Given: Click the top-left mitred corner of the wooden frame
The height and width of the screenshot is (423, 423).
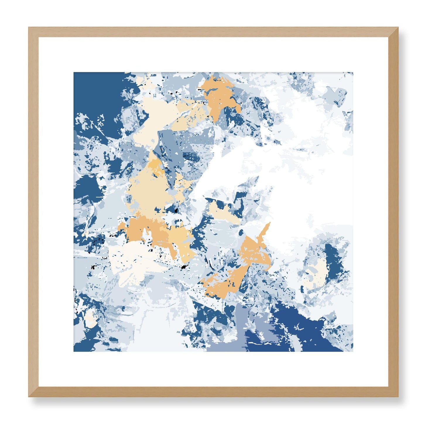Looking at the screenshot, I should (x=29, y=28).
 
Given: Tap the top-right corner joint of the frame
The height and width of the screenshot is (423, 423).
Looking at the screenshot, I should (x=398, y=28).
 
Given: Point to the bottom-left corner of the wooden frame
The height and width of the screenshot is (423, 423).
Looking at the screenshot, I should (x=29, y=396).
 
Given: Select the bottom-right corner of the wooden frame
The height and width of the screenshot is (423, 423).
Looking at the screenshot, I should (x=398, y=396).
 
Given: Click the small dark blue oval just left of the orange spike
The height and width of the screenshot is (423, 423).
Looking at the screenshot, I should (x=241, y=233).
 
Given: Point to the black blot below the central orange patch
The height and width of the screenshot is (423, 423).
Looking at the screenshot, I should (x=184, y=267).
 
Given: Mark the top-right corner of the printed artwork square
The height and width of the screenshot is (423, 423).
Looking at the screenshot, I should (x=353, y=72).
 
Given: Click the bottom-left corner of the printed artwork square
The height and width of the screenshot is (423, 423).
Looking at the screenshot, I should (x=74, y=351).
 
